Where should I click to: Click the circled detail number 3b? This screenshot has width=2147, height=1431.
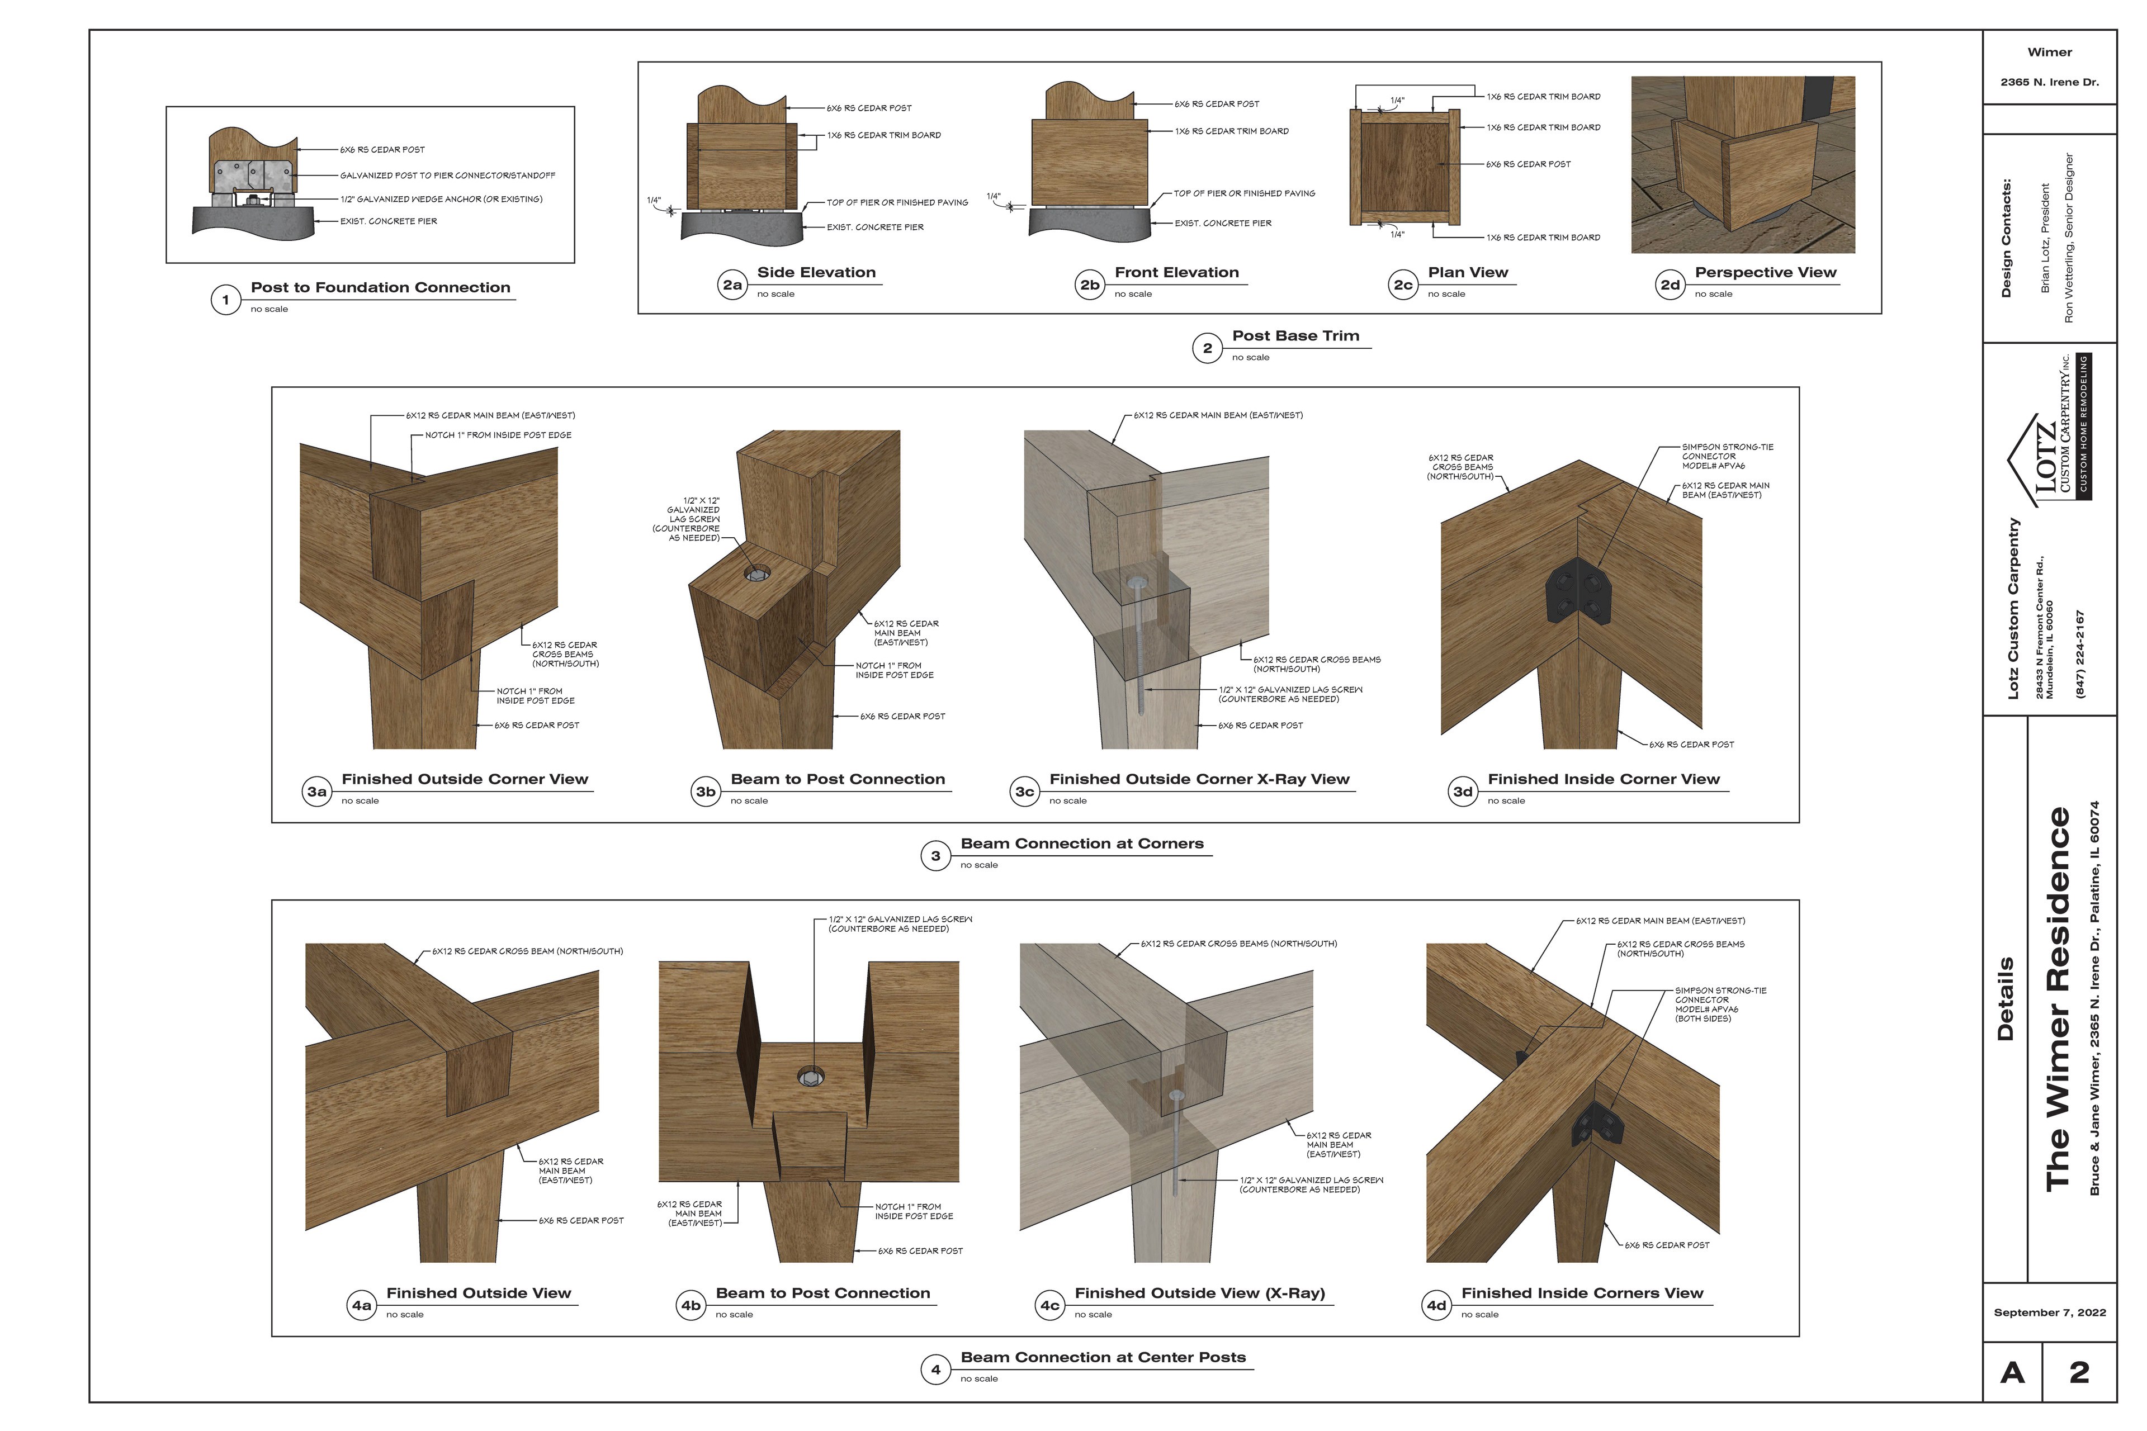point(706,792)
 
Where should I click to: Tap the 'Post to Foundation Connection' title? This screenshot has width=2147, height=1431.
point(381,287)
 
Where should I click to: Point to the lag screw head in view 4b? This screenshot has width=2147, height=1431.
point(810,1077)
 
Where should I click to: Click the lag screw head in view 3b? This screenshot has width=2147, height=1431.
point(756,574)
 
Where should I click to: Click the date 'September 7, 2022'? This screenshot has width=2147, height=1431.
point(2049,1312)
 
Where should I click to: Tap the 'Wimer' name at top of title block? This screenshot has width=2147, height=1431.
point(2049,52)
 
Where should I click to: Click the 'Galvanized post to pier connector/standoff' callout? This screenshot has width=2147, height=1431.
point(447,175)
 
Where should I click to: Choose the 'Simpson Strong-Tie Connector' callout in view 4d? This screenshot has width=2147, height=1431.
point(1720,1004)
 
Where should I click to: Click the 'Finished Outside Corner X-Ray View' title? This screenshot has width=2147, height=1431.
point(1199,779)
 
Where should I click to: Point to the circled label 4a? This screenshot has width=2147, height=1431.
point(362,1306)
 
